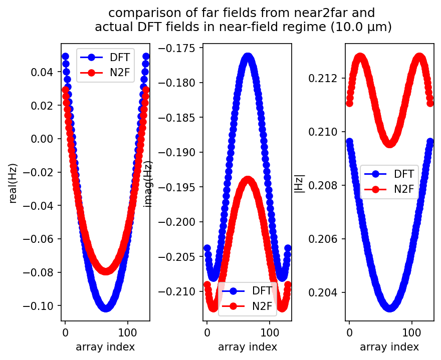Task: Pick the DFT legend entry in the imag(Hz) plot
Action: [x=262, y=290]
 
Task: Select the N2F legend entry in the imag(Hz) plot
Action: [x=262, y=306]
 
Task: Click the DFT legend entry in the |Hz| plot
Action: [x=403, y=174]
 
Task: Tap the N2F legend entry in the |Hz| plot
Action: [x=403, y=190]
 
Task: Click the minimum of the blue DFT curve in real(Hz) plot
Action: [x=106, y=307]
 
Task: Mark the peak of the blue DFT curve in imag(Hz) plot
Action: [x=248, y=58]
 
